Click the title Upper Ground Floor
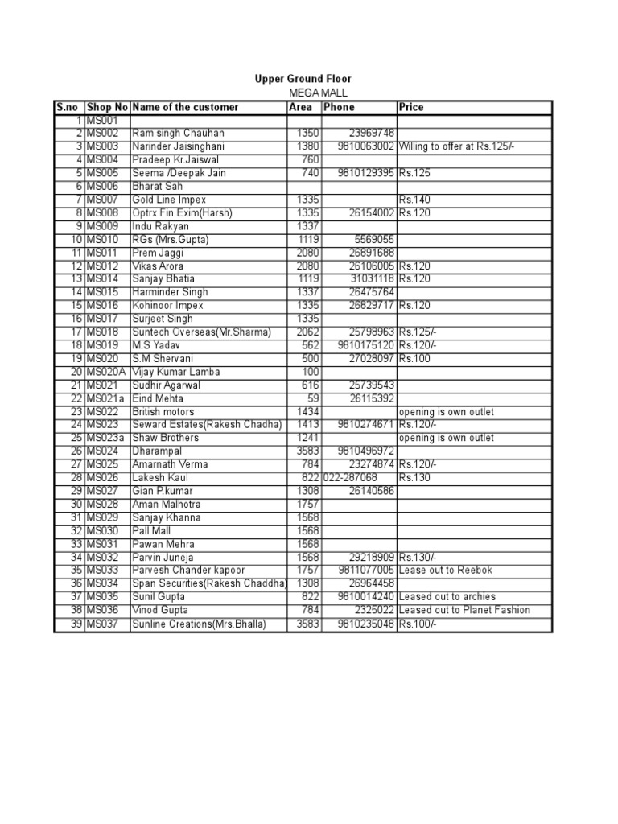pyautogui.click(x=303, y=79)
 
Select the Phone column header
pyautogui.click(x=339, y=107)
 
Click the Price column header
pyautogui.click(x=411, y=107)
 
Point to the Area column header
pyautogui.click(x=300, y=107)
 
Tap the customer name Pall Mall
pyautogui.click(x=153, y=531)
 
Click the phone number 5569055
pyautogui.click(x=375, y=240)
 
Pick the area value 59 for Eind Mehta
pyautogui.click(x=314, y=398)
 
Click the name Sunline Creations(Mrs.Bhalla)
pyautogui.click(x=199, y=624)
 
